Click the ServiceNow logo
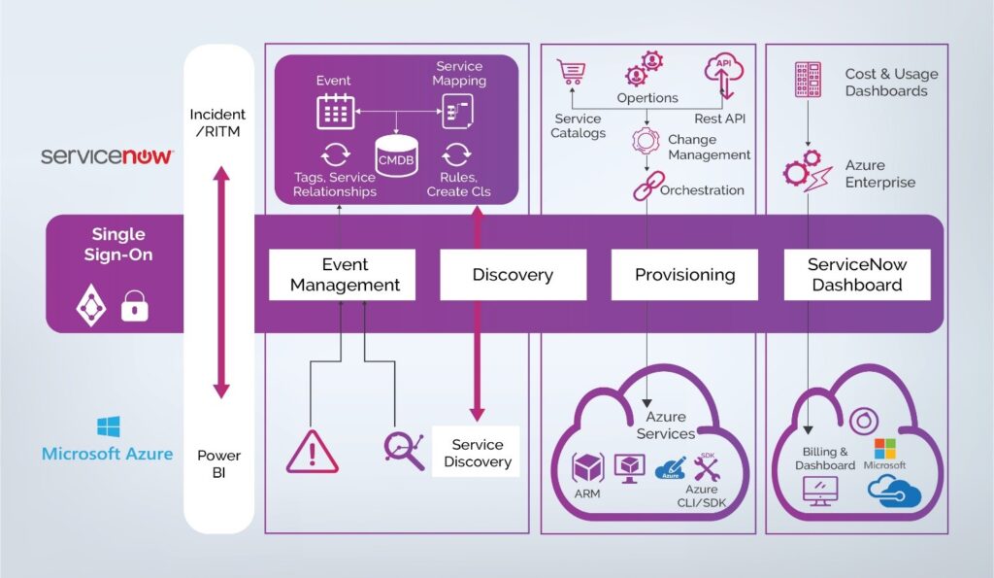[107, 155]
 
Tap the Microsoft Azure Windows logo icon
[108, 427]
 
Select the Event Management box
[342, 275]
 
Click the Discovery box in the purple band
[513, 275]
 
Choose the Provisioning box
[684, 275]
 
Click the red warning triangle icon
[313, 452]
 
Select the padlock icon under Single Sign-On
[135, 307]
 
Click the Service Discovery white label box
[476, 453]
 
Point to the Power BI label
[219, 464]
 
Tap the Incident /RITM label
[219, 123]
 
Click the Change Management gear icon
[646, 141]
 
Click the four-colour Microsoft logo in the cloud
[885, 449]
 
